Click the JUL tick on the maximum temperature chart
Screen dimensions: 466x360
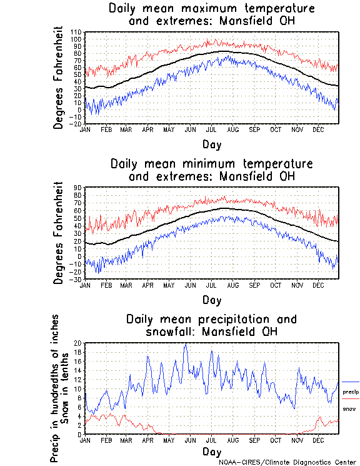211,129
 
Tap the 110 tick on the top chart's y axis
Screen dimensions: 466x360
76,32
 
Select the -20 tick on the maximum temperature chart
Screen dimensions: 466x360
76,124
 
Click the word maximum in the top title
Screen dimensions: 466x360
186,9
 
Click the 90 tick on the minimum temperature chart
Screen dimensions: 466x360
78,187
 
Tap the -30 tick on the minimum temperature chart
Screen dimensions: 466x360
76,279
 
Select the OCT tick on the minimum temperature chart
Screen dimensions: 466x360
276,284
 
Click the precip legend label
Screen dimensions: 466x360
351,392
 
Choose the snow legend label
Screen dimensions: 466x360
349,408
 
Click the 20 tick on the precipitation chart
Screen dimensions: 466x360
78,343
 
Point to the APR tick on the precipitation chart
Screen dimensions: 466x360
147,439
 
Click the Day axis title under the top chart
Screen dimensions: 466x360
211,143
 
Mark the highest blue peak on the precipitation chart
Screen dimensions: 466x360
185,344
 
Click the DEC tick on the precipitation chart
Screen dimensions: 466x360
318,439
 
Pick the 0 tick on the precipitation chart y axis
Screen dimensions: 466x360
79,434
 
